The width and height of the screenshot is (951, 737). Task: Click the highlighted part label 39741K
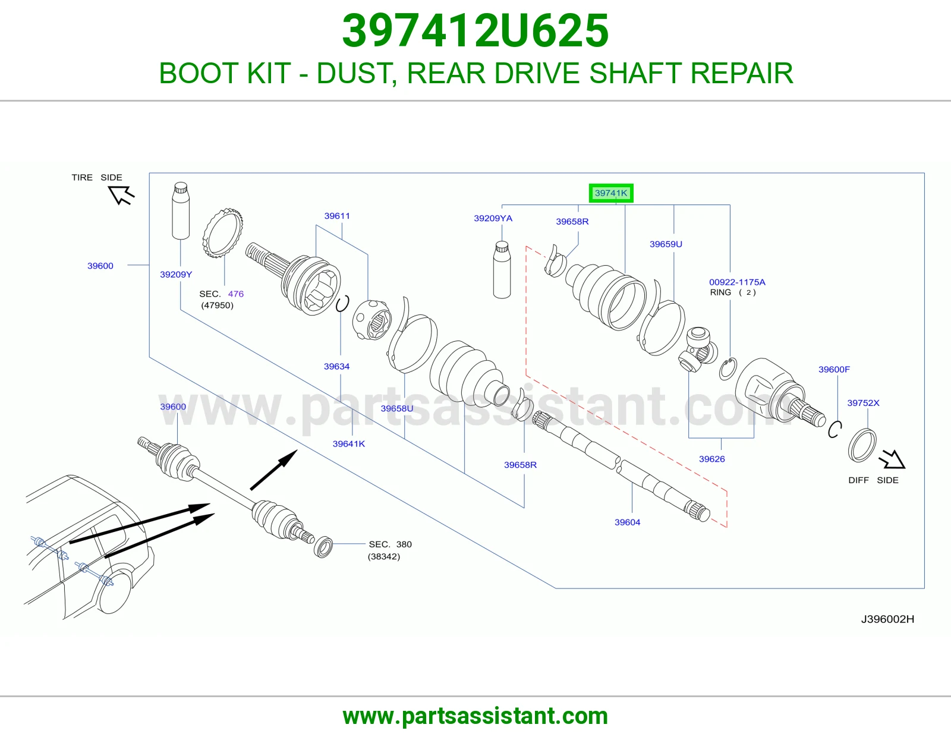tap(611, 193)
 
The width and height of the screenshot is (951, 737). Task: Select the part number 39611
tap(337, 216)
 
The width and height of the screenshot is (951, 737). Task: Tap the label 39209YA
tap(493, 218)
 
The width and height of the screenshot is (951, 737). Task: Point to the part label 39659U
tap(666, 244)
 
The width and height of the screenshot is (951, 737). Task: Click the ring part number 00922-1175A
tap(737, 282)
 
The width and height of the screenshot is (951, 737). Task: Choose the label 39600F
tap(834, 369)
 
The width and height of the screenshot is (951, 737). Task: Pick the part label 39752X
tap(863, 402)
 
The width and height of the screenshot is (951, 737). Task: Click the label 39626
tap(711, 459)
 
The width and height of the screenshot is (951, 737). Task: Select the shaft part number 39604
tap(627, 522)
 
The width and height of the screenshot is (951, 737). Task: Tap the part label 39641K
tap(348, 444)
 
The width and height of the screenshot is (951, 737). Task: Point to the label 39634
tap(336, 366)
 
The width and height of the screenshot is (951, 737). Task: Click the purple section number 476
tap(236, 294)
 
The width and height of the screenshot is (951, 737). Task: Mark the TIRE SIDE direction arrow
tap(121, 195)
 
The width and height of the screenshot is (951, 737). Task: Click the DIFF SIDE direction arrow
tap(892, 459)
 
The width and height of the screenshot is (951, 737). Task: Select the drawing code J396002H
tap(887, 619)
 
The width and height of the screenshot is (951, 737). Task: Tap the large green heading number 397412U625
tap(475, 31)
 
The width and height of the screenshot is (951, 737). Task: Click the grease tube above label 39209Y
tap(181, 210)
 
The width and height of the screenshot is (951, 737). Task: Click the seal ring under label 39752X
tap(862, 446)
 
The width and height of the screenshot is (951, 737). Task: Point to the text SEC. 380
tap(390, 544)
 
